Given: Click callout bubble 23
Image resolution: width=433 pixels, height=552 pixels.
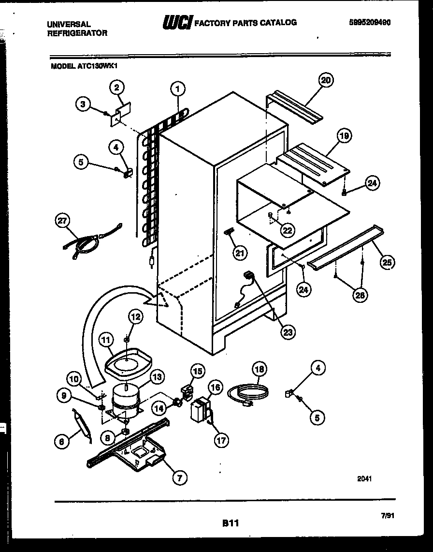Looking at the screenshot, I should pos(289,332).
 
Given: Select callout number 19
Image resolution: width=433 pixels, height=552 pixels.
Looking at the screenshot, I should pos(344,136).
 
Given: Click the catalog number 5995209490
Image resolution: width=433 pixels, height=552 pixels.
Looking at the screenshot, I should pos(370,22).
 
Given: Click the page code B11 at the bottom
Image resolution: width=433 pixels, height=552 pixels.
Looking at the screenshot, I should pos(231,522).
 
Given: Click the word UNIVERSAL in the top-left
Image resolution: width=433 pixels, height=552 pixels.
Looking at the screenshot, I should pos(69,24).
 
